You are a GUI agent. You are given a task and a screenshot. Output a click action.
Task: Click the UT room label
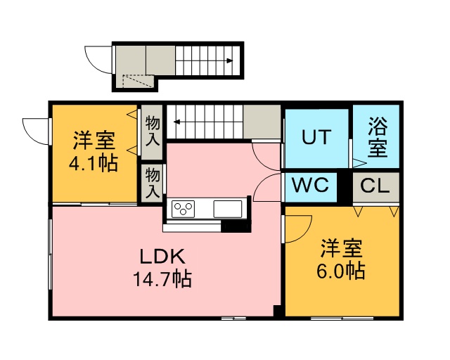click(316, 137)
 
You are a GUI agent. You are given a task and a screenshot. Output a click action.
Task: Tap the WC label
click(310, 185)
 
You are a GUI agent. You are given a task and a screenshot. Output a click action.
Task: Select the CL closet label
click(375, 186)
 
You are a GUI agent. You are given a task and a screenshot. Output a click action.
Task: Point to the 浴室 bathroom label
click(378, 137)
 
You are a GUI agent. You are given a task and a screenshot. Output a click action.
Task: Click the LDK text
click(162, 257)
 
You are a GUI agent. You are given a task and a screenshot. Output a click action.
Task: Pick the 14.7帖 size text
click(162, 278)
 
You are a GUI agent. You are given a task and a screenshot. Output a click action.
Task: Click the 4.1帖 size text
click(94, 163)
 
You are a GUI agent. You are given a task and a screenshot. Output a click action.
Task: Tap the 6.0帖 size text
click(341, 271)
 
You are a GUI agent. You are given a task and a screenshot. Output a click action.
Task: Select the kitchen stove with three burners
click(183, 209)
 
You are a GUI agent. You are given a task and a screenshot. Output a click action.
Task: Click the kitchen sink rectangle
click(228, 209)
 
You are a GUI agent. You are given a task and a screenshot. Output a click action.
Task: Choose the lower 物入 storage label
click(153, 183)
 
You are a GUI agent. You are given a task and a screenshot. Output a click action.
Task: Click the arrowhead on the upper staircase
click(229, 60)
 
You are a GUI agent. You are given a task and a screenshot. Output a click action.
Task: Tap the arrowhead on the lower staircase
click(176, 122)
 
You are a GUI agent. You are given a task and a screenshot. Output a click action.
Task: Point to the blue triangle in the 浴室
click(359, 163)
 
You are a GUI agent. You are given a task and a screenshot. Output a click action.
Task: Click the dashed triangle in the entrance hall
click(138, 81)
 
